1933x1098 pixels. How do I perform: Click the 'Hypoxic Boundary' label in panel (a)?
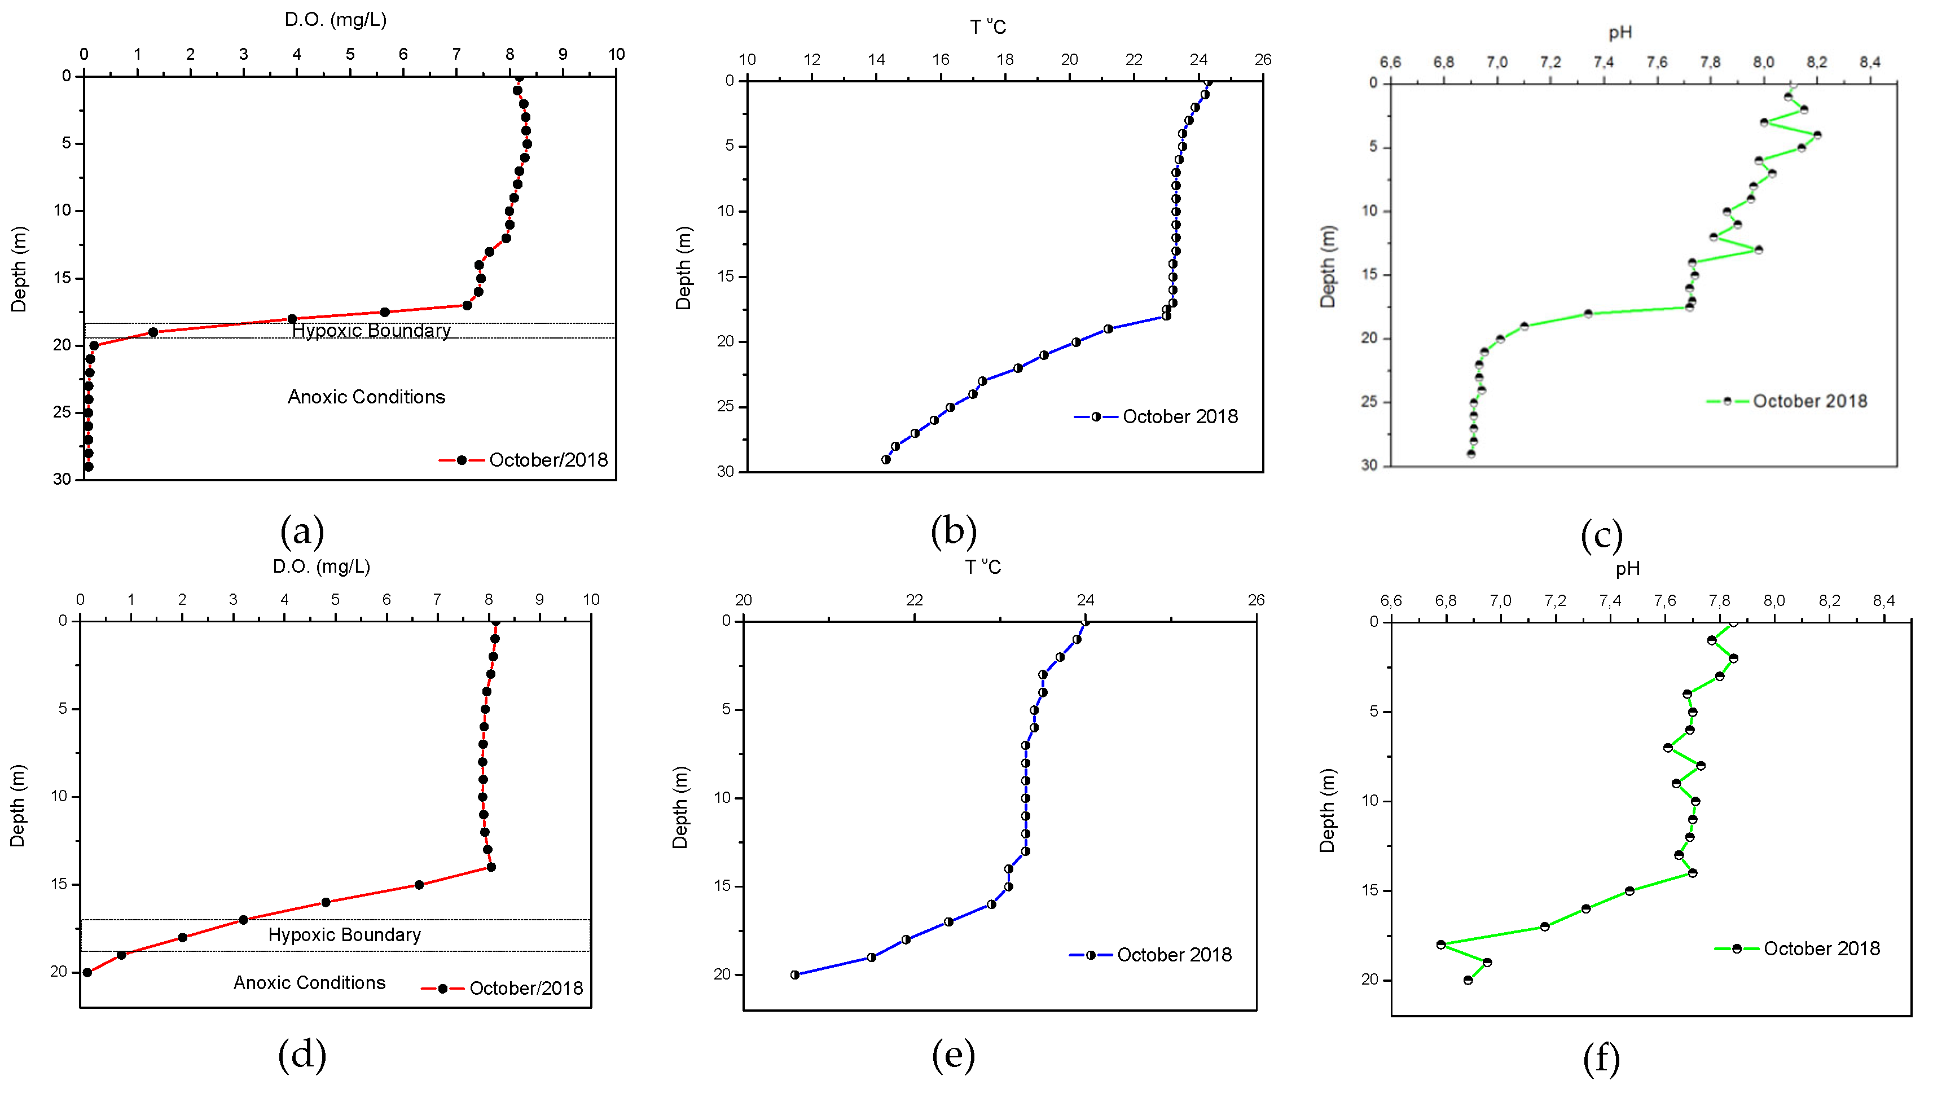point(371,330)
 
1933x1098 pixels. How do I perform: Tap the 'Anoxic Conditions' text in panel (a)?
point(366,397)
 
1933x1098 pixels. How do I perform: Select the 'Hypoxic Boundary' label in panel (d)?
point(345,934)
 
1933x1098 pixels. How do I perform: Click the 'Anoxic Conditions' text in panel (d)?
point(309,983)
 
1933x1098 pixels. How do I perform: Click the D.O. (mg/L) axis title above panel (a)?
point(336,20)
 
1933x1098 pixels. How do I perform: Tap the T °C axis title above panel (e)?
point(983,567)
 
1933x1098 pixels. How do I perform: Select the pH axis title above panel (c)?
point(1620,32)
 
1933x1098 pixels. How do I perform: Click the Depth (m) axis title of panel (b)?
point(683,267)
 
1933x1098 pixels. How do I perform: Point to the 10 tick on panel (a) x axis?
point(616,54)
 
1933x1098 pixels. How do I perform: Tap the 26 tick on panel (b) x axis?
point(1263,60)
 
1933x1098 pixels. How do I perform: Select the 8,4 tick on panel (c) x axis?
point(1870,62)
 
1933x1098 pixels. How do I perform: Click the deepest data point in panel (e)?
point(794,974)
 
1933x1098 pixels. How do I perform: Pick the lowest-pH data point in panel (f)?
point(1440,944)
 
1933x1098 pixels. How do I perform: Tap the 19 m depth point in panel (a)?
point(153,332)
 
